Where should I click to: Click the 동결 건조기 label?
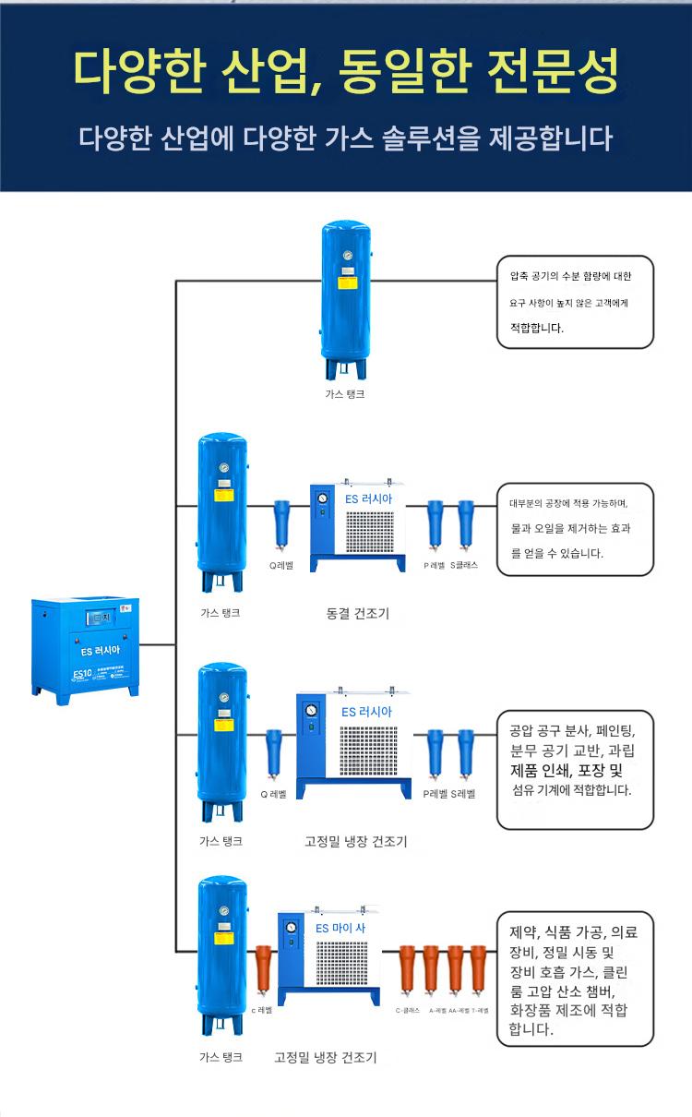click(x=357, y=613)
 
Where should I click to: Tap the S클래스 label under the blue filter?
click(x=464, y=565)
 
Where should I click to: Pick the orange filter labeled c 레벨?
click(x=263, y=974)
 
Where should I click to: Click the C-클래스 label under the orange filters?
click(x=408, y=1010)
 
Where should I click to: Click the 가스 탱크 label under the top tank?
click(x=344, y=393)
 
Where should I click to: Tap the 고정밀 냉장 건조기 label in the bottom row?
click(x=325, y=1058)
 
